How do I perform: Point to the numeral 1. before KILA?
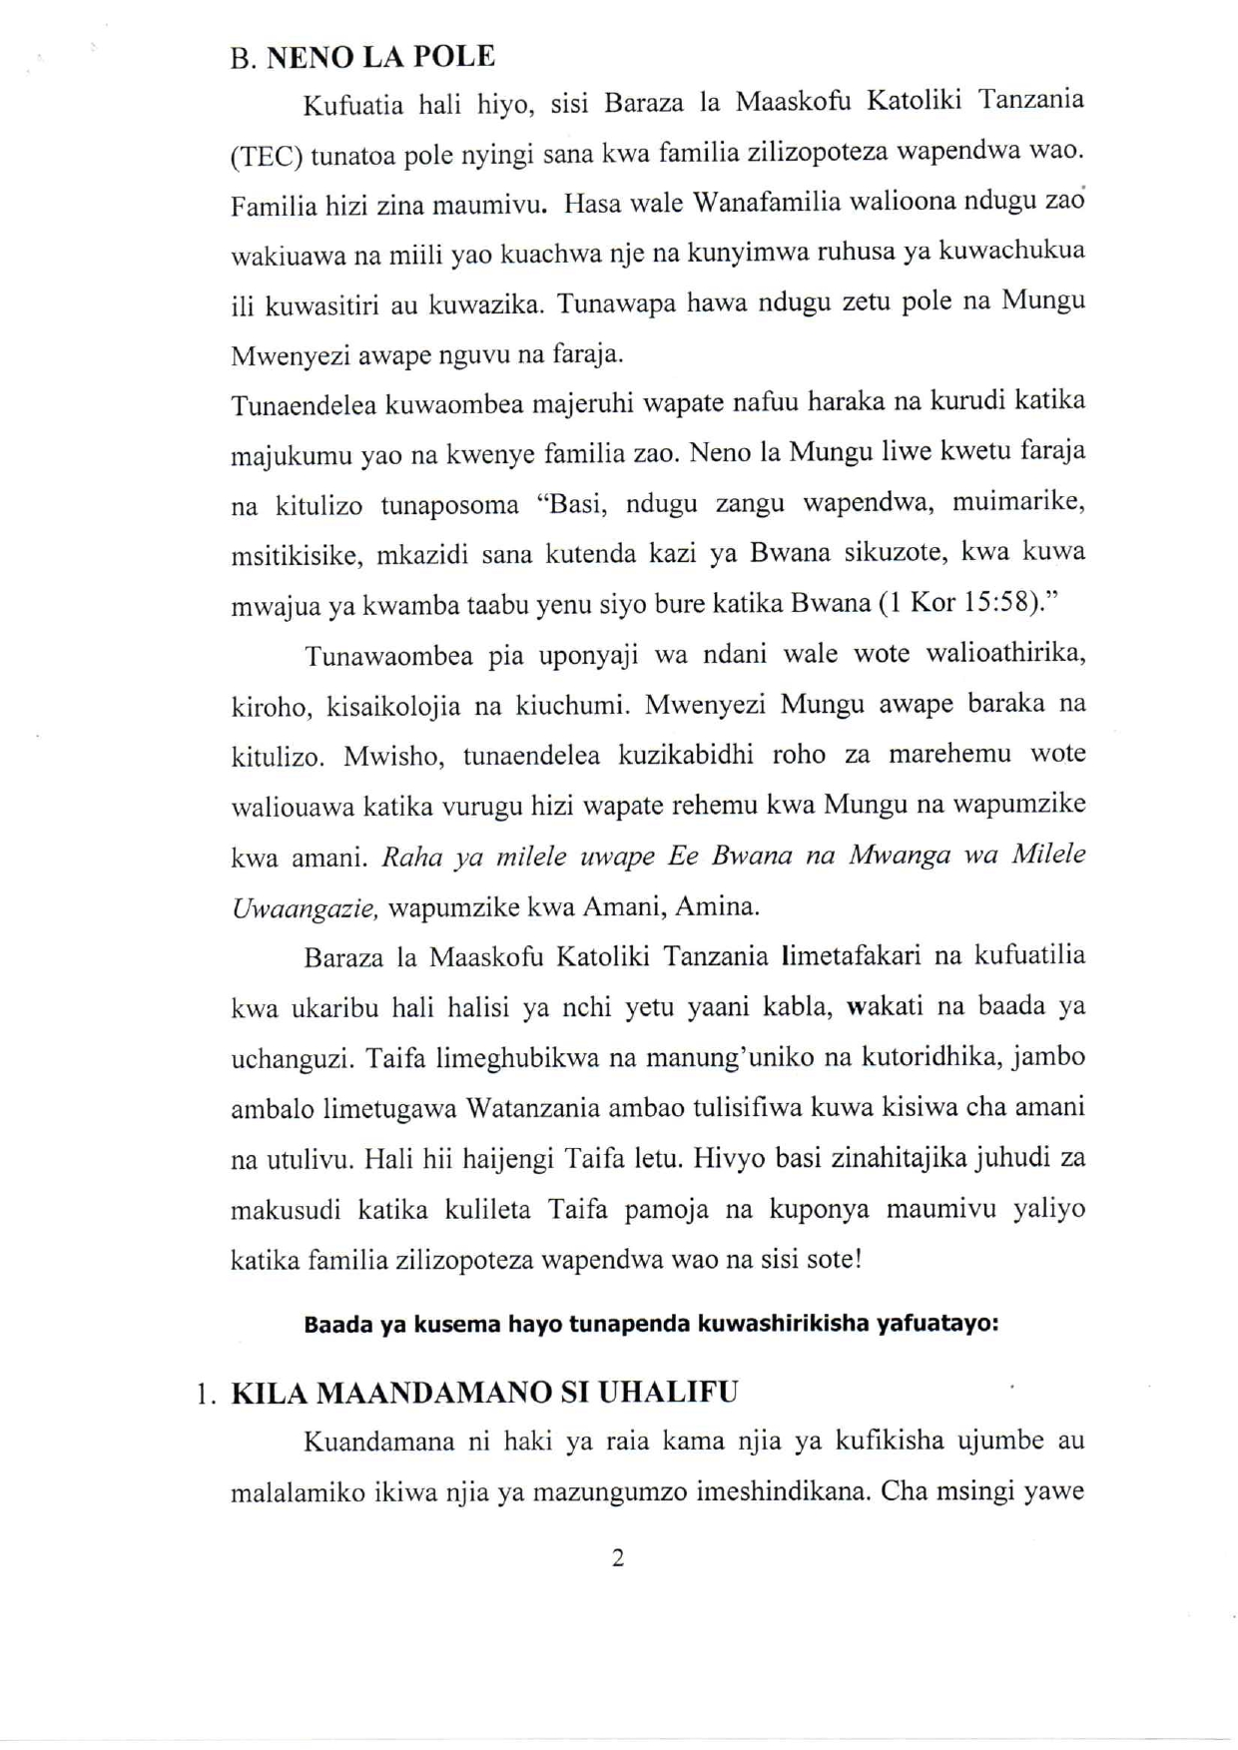coord(206,1394)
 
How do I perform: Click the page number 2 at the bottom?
coord(618,1558)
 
